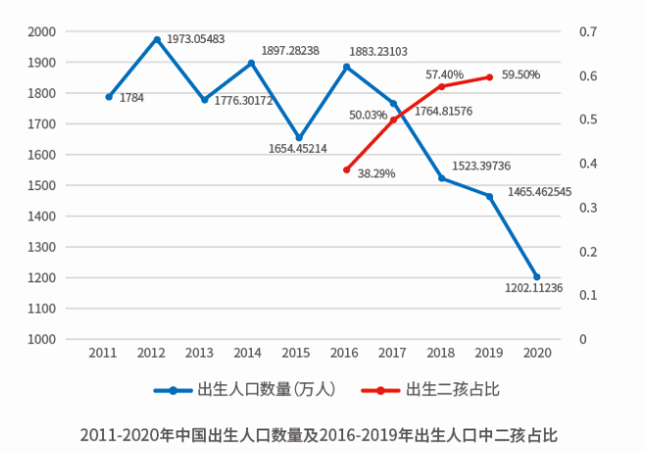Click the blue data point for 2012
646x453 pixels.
[x=157, y=39]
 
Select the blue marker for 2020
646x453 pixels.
[x=536, y=277]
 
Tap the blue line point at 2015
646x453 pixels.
[x=299, y=138]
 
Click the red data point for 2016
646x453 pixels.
[x=346, y=170]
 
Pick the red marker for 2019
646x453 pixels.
[x=489, y=76]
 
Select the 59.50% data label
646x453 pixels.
[x=521, y=75]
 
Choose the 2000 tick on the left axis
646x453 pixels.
[x=41, y=31]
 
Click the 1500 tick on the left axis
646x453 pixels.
[x=41, y=185]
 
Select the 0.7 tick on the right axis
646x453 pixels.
[x=588, y=31]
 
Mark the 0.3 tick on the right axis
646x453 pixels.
[x=588, y=207]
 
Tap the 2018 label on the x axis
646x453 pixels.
[x=440, y=352]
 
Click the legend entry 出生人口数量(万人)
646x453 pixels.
[x=245, y=389]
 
